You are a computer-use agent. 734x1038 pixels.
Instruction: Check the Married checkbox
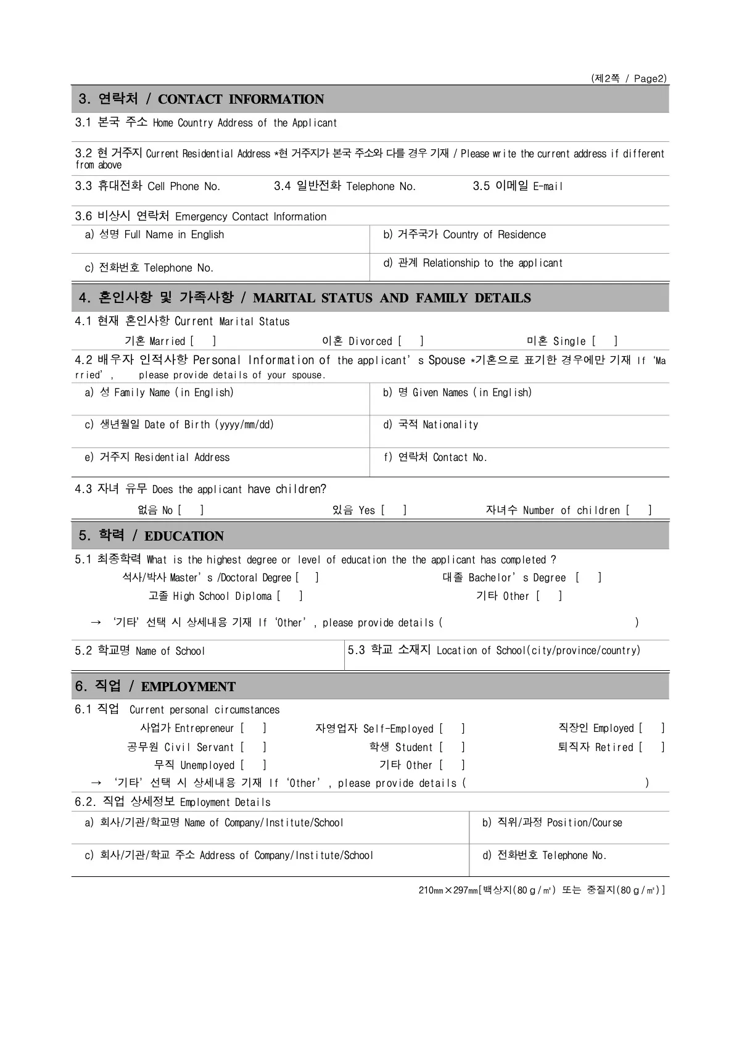click(203, 341)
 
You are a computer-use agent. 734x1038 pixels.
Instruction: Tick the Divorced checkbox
click(411, 341)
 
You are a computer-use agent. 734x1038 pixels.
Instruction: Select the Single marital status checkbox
click(604, 341)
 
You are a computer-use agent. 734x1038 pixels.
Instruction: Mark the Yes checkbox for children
click(394, 510)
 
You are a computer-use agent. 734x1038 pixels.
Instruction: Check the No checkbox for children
click(191, 510)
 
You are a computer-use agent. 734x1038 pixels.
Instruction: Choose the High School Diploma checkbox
click(290, 596)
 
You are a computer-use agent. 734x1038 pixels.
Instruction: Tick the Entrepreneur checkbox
click(254, 729)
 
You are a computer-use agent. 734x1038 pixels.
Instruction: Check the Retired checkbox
click(651, 747)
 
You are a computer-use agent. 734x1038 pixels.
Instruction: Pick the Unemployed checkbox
click(254, 765)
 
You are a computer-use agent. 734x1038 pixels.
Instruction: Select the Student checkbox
click(452, 747)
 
